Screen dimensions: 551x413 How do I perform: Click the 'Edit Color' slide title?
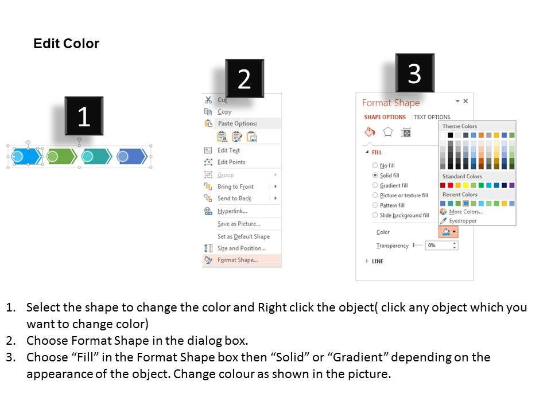click(67, 44)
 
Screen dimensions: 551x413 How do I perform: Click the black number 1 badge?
click(84, 116)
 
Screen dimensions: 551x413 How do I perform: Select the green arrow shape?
click(62, 156)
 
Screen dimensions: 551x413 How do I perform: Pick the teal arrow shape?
click(96, 156)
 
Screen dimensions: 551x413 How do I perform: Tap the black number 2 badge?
click(245, 79)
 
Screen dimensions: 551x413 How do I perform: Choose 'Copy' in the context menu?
click(224, 112)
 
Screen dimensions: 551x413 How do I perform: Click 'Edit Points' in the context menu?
click(231, 162)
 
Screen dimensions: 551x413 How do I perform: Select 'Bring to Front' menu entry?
click(235, 186)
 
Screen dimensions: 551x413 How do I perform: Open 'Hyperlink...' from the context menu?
click(232, 211)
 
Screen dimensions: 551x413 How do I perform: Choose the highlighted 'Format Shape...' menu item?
click(238, 260)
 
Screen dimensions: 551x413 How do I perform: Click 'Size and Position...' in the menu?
click(242, 248)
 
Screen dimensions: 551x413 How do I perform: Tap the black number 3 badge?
click(414, 73)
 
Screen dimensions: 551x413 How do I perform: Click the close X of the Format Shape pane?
click(465, 101)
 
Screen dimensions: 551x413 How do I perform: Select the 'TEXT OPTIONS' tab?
click(432, 117)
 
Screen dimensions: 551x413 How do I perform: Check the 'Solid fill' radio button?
click(375, 176)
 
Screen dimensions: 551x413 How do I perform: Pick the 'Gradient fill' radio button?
click(375, 185)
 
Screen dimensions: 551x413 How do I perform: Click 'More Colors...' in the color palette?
click(465, 212)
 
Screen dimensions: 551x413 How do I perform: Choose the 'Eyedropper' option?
click(463, 221)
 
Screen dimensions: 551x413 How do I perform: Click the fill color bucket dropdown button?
click(448, 232)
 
